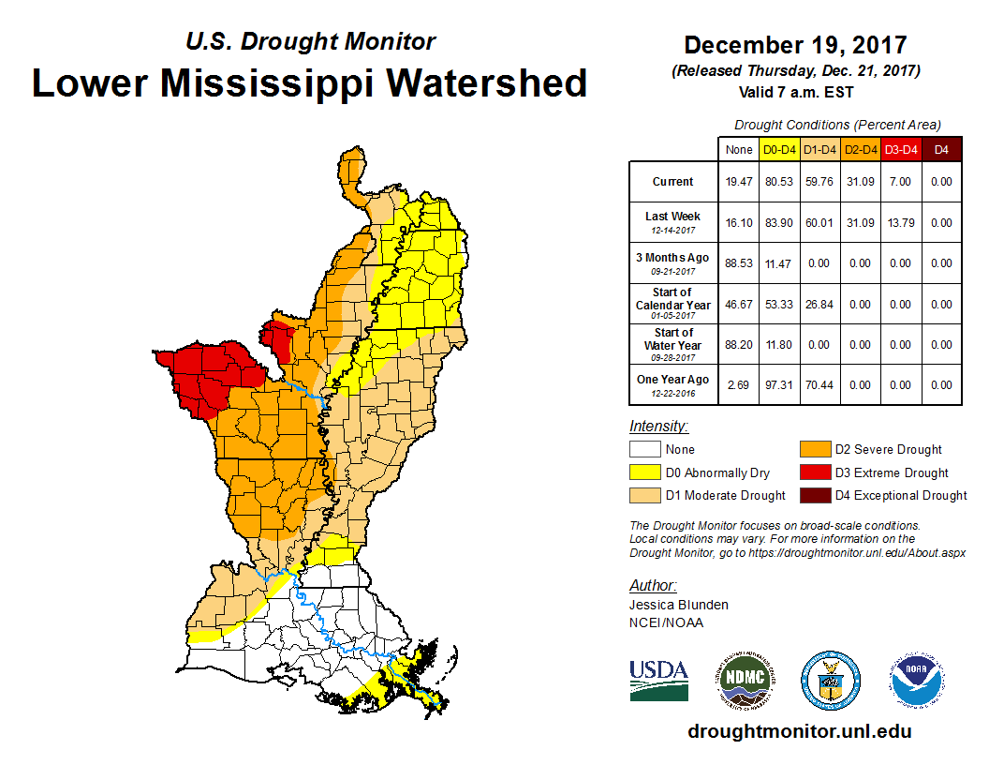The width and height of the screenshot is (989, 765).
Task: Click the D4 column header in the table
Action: coord(941,148)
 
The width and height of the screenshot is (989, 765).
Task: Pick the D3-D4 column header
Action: coord(900,148)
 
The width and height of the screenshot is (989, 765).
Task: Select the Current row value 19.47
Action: coord(739,182)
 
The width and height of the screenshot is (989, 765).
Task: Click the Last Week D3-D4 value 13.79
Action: coord(900,223)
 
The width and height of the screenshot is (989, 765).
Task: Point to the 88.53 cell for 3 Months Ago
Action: coord(739,263)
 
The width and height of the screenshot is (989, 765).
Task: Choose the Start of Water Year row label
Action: coord(673,344)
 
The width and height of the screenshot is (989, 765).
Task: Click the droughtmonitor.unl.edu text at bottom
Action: coord(799,731)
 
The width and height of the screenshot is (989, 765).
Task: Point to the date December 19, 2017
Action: coord(795,45)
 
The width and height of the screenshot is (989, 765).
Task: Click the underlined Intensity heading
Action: coord(658,426)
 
